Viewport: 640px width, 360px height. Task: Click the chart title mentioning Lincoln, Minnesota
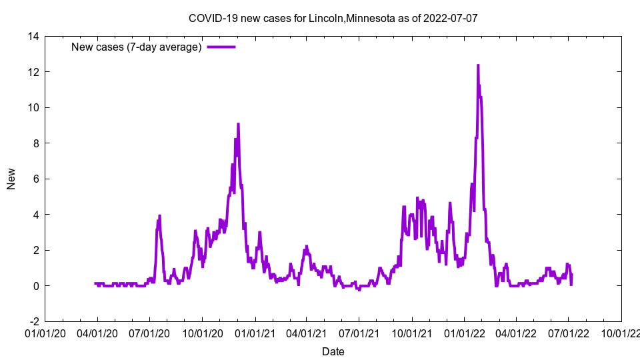[x=333, y=18]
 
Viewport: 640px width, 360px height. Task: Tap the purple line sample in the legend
[x=221, y=47]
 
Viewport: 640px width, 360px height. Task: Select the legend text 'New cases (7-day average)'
[x=137, y=47]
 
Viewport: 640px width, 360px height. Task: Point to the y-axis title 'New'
[x=11, y=179]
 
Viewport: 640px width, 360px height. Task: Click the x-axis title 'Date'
[x=333, y=351]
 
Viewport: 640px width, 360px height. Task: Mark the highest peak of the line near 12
[x=478, y=65]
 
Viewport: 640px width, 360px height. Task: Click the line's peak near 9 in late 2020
[x=238, y=124]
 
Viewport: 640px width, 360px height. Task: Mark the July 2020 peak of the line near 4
[x=159, y=216]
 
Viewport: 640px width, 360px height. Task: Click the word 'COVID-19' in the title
[x=211, y=18]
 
